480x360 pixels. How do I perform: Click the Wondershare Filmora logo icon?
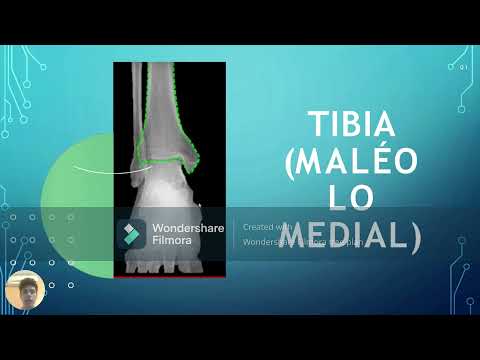coord(131,233)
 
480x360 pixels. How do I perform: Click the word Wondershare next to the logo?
coord(186,227)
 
